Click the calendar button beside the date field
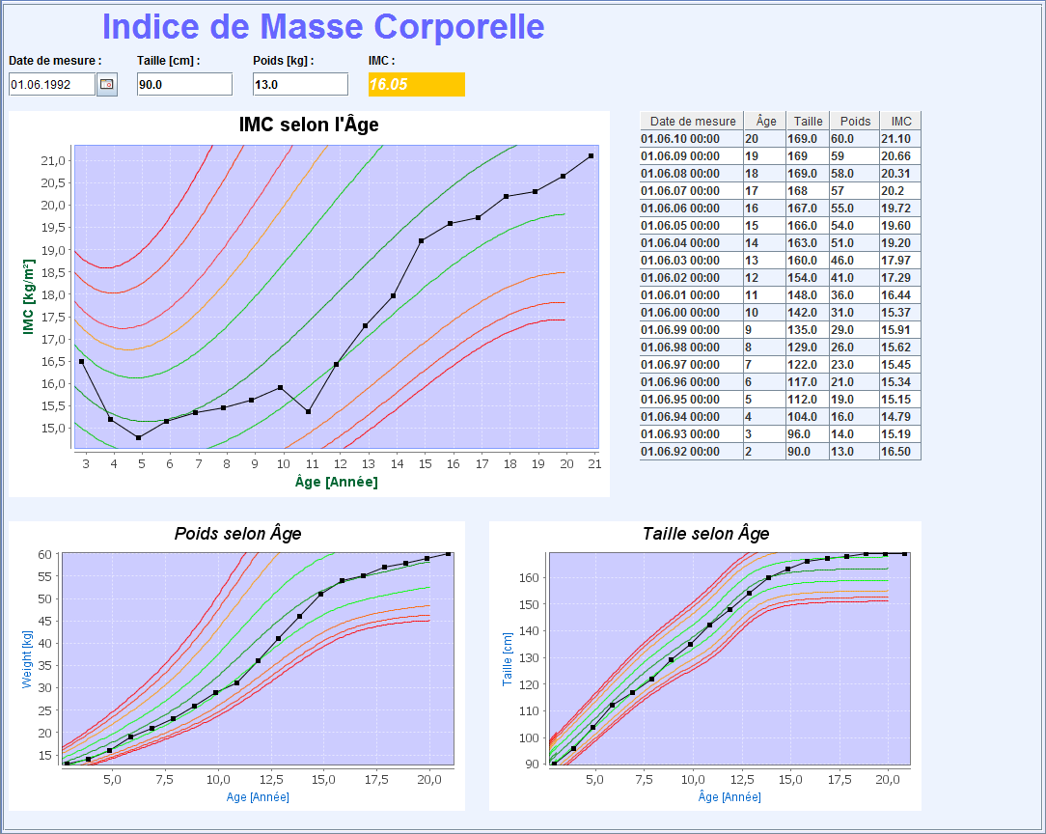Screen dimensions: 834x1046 (x=106, y=85)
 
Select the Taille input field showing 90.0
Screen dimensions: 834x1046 (x=184, y=85)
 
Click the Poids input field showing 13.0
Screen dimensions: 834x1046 (x=300, y=85)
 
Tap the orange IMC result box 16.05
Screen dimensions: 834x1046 (x=416, y=85)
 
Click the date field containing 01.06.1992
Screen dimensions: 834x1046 (x=52, y=85)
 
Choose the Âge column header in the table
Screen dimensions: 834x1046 (x=766, y=122)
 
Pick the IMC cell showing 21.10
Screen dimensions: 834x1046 (x=899, y=139)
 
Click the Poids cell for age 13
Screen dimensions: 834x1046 (x=853, y=261)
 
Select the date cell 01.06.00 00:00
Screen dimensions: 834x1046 (x=690, y=313)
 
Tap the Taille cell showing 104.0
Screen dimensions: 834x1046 (x=808, y=417)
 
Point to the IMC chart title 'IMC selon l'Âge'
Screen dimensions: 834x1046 (x=309, y=125)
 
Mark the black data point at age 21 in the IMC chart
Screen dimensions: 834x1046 (x=591, y=155)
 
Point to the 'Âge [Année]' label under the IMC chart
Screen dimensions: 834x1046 (x=336, y=482)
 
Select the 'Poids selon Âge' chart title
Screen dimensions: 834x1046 (x=237, y=534)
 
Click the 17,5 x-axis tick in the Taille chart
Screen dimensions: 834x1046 (x=840, y=779)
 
